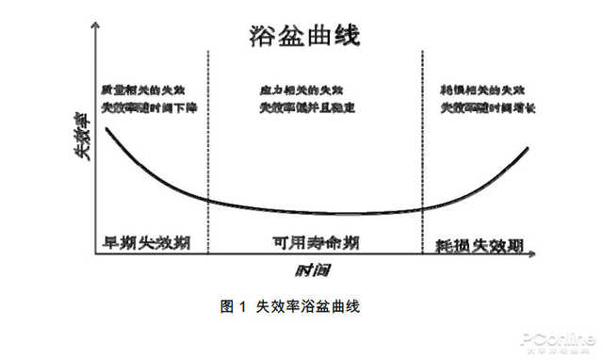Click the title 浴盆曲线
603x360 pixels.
click(303, 36)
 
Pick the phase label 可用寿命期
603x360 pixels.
click(310, 241)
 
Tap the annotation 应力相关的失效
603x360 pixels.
click(301, 90)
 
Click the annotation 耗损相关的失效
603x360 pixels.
click(481, 90)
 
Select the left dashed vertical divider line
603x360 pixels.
click(207, 151)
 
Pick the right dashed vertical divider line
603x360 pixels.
click(421, 151)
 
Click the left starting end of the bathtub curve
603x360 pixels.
click(106, 127)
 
